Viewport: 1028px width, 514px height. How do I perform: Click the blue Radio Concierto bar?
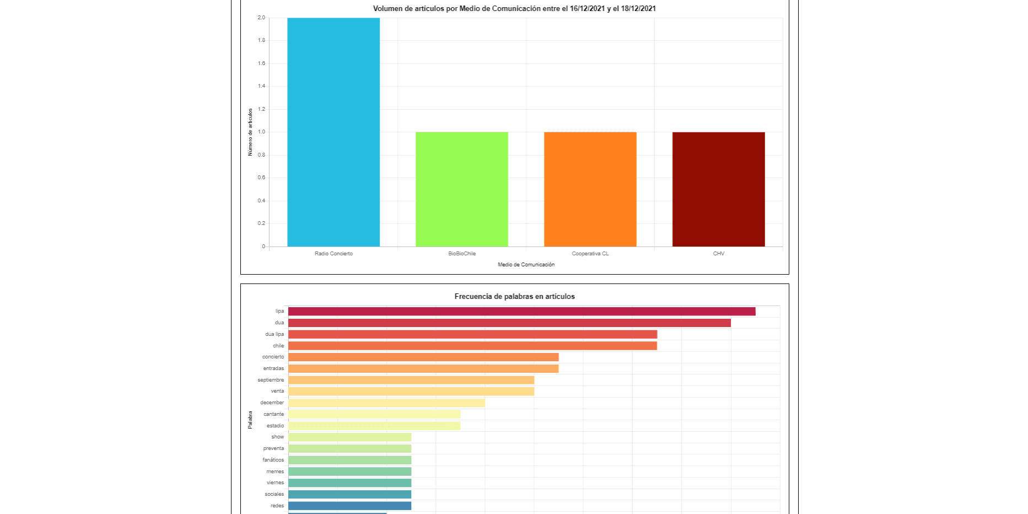333,132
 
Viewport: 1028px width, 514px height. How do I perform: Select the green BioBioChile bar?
462,189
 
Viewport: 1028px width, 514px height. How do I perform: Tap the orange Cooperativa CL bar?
590,189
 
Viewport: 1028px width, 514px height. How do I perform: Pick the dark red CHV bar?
719,189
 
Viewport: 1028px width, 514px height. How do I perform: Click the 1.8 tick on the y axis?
261,40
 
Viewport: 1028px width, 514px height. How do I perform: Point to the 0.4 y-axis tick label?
261,201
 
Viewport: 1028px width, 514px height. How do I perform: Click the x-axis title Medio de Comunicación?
526,265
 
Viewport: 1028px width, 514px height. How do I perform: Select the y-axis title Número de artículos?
250,132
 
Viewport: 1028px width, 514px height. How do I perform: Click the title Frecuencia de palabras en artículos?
514,297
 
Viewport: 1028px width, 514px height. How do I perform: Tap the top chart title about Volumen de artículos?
514,9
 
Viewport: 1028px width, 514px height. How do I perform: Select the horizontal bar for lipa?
521,312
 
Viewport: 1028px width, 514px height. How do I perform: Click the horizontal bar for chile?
472,346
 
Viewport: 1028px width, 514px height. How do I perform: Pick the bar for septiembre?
411,380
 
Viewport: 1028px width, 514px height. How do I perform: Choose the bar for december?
386,403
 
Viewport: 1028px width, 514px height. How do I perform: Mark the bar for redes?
349,506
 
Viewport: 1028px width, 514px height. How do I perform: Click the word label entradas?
273,368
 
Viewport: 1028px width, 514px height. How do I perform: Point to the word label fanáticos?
273,460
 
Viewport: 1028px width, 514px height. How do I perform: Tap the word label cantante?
274,414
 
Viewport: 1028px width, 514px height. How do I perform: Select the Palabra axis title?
250,420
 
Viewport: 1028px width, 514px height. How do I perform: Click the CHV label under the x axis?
719,254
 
